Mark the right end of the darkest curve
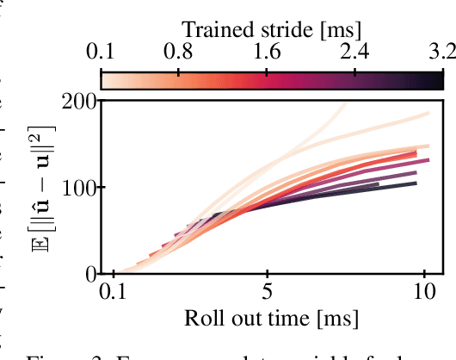coord(416,183)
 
